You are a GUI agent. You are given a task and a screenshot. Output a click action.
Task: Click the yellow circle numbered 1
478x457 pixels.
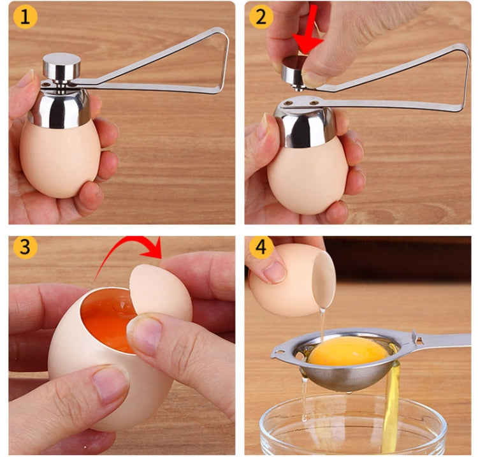pos(24,17)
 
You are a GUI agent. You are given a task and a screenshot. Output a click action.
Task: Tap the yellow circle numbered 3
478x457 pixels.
pos(24,248)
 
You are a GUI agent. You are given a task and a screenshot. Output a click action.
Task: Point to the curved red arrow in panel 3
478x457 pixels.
pos(136,250)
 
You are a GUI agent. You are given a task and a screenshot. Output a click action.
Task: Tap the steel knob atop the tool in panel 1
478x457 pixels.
pos(61,66)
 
